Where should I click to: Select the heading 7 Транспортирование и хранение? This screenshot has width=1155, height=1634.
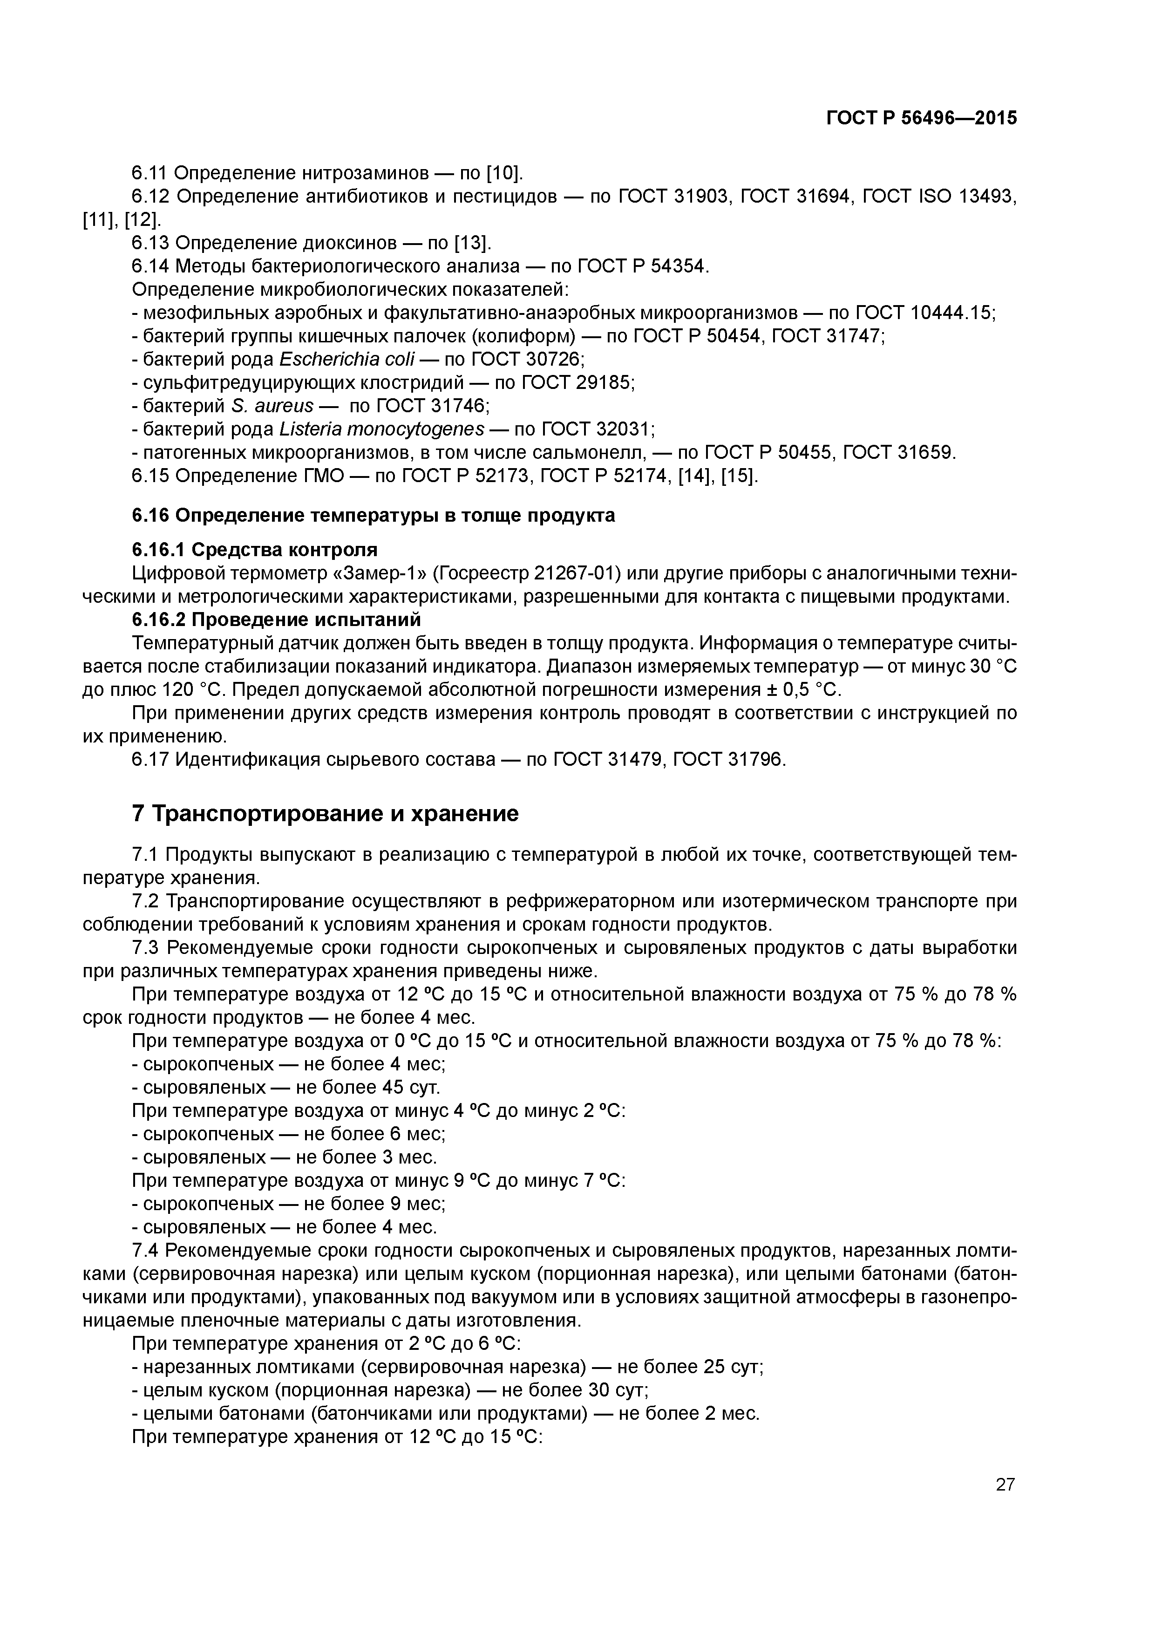pos(325,813)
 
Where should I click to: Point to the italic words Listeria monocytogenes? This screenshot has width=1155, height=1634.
pos(381,429)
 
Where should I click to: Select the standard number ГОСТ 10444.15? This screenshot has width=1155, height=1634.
pos(924,313)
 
